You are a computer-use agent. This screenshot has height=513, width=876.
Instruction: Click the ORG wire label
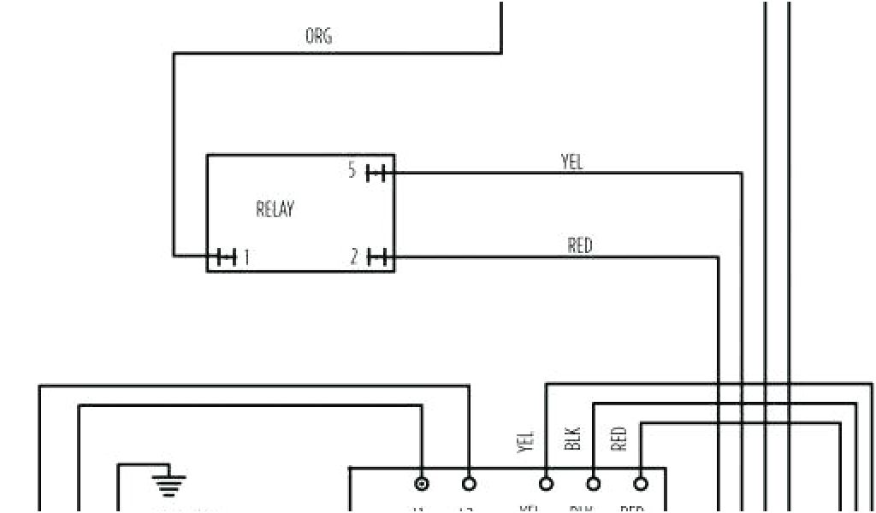[x=318, y=36]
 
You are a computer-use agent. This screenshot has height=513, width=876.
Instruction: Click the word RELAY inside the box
[x=275, y=209]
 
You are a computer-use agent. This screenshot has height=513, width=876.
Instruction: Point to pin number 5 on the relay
[x=352, y=171]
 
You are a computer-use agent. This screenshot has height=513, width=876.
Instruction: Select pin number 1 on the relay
[x=246, y=256]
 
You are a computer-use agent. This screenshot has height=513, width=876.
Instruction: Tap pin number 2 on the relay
[x=353, y=256]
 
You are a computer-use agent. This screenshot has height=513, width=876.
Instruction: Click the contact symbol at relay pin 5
[x=376, y=174]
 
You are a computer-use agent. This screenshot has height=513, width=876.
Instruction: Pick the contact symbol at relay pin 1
[x=226, y=256]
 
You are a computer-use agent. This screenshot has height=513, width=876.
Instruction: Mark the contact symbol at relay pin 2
[x=377, y=256]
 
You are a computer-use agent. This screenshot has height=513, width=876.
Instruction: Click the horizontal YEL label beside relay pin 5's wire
[x=571, y=162]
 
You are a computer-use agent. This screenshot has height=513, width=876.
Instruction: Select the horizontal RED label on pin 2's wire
[x=579, y=245]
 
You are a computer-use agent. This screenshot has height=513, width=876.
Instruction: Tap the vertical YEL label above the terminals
[x=525, y=441]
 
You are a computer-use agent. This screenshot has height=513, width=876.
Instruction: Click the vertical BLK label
[x=573, y=439]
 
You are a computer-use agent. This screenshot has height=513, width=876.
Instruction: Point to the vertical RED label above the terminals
[x=619, y=439]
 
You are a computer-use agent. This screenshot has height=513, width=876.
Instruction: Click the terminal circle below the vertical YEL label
[x=546, y=484]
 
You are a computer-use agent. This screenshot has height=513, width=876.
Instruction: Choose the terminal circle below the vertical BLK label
[x=593, y=484]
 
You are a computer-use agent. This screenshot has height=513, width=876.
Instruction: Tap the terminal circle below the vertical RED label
[x=640, y=484]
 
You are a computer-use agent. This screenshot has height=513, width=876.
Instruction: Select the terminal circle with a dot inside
[x=421, y=484]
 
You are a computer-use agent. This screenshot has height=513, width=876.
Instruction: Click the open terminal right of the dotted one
[x=468, y=484]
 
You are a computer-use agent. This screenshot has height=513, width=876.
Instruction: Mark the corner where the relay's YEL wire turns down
[x=742, y=174]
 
